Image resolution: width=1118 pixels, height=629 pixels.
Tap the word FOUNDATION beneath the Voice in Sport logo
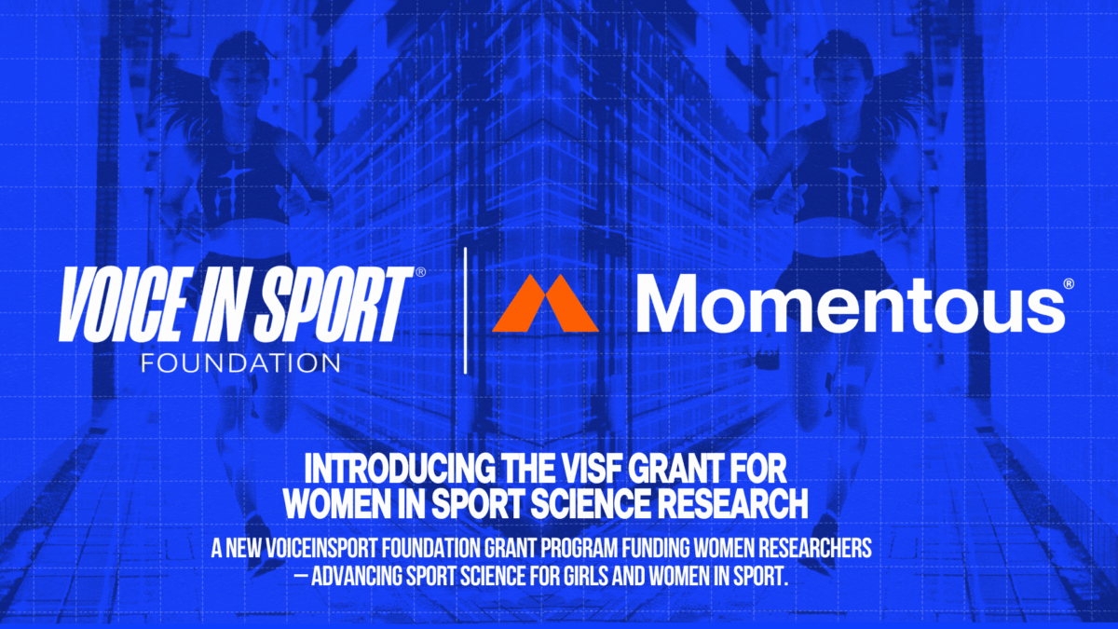coord(240,361)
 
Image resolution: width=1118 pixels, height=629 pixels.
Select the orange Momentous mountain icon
coord(545,304)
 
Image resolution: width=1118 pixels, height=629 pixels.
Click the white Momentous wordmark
coord(851,304)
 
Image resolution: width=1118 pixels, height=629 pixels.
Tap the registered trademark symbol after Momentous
coord(1069,282)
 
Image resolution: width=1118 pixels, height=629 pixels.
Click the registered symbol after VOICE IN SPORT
coord(420,272)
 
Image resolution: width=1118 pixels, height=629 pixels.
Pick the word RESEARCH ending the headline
coord(738,503)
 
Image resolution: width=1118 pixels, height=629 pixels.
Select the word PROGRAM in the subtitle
coord(569,550)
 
